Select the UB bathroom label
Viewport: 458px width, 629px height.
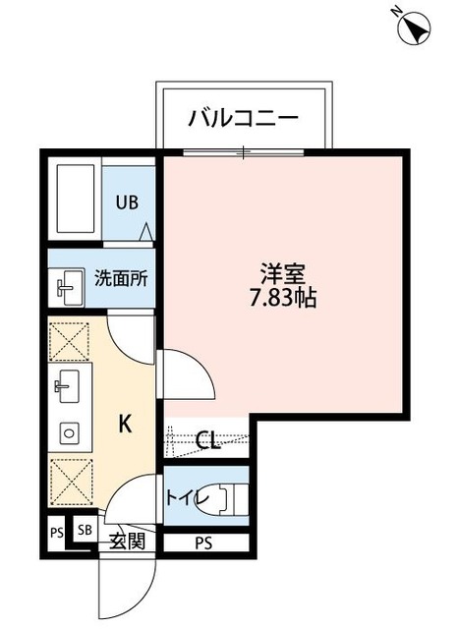coord(128,203)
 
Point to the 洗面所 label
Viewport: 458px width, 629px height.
coord(121,278)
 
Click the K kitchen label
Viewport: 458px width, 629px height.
coord(125,424)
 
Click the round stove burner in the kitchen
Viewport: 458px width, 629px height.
coord(68,431)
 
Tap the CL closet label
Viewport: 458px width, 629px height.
coord(207,440)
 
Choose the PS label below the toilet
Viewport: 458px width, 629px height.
coord(203,543)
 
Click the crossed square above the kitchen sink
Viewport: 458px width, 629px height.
coord(68,343)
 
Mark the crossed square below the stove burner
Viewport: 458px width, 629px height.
coord(68,482)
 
